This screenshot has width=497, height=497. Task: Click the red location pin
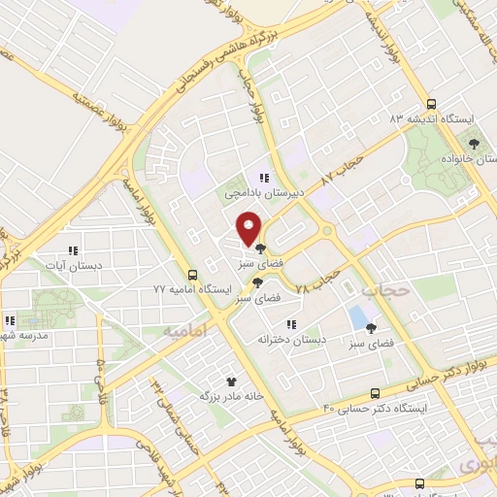click(x=249, y=228)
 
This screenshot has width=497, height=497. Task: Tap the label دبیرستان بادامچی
click(x=264, y=194)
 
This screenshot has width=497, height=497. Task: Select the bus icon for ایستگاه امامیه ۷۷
click(x=192, y=275)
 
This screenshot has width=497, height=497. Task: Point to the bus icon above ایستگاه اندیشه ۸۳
click(x=432, y=104)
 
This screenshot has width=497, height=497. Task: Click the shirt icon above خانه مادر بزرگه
click(x=231, y=382)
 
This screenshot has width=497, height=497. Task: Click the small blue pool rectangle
click(x=359, y=316)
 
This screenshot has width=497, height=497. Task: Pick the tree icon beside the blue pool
click(x=371, y=328)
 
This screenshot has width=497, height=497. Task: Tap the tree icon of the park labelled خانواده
click(x=475, y=144)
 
